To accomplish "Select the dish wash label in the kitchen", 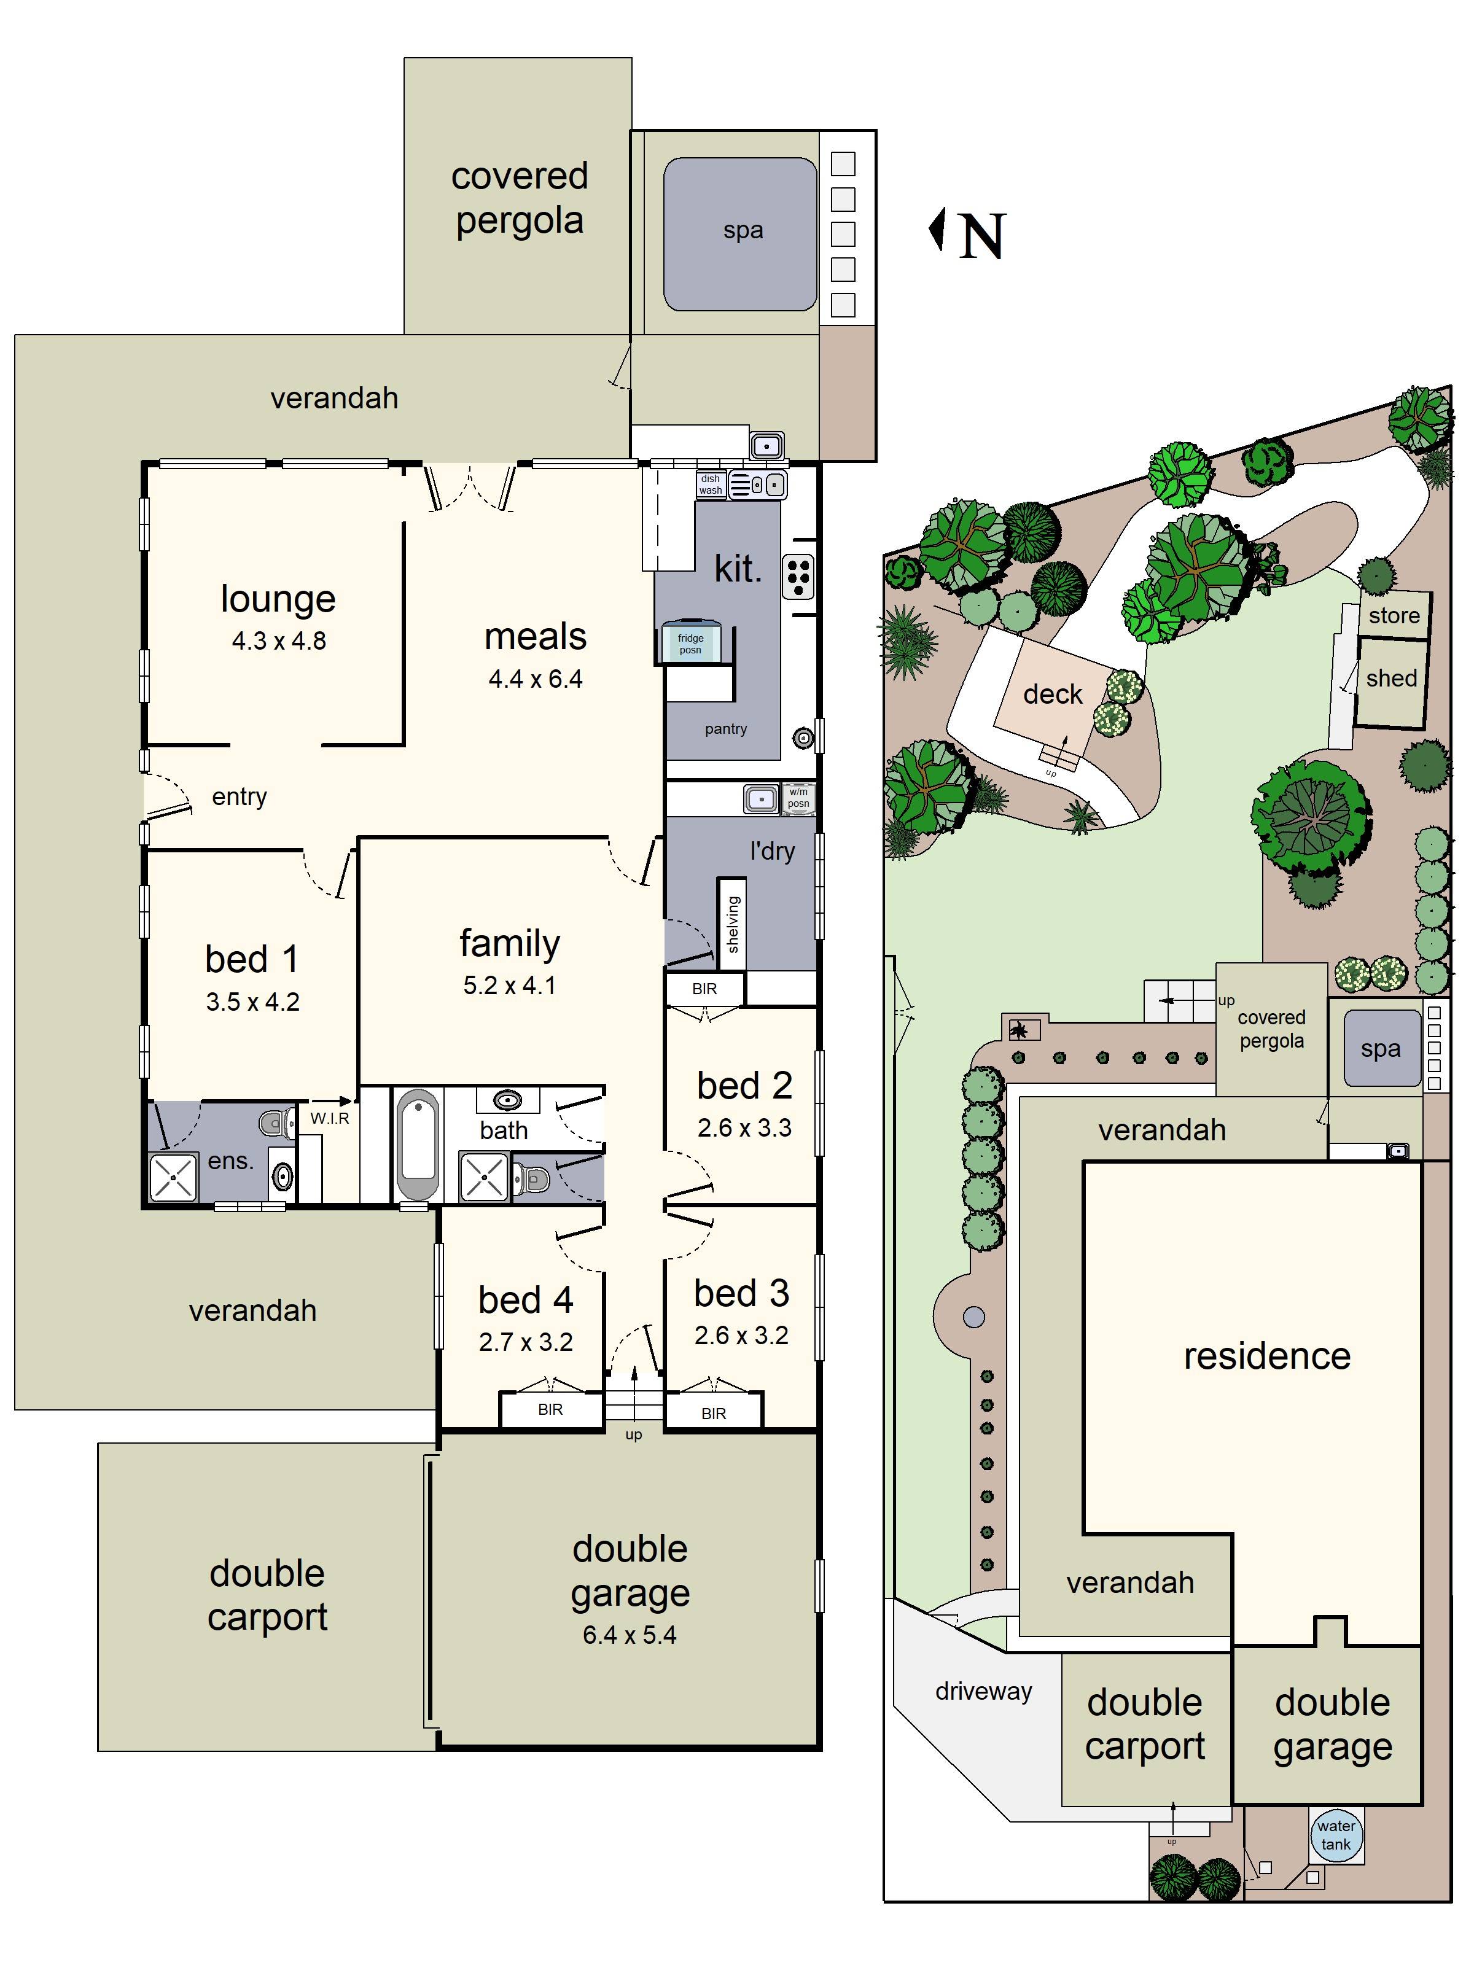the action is [710, 484].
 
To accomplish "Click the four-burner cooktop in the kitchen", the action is [798, 577].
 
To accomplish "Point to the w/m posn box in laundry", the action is [798, 798].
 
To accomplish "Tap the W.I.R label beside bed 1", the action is [330, 1118].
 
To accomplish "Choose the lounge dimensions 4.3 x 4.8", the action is [279, 640].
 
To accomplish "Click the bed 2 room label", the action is [744, 1086].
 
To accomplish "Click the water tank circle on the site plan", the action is [1336, 1835].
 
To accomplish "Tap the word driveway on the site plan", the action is [983, 1691].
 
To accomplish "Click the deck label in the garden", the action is [1053, 694].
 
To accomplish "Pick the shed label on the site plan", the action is [1391, 678].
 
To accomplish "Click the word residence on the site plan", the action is [1267, 1356].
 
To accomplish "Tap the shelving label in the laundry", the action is [733, 924].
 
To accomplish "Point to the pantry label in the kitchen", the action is [726, 728].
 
